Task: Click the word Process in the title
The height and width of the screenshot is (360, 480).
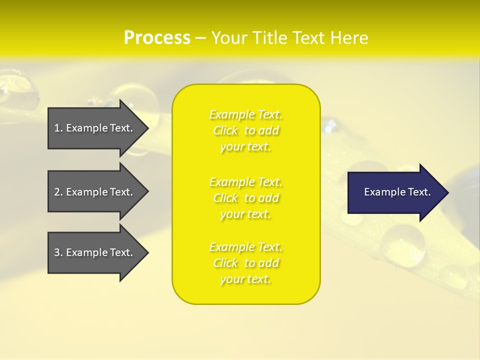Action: [x=157, y=38]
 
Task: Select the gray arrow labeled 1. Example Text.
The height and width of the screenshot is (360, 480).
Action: [x=95, y=128]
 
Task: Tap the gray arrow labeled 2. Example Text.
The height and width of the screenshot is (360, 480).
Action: [x=95, y=192]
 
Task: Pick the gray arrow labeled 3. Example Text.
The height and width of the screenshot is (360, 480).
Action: [x=95, y=252]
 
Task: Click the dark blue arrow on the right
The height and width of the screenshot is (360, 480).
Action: [x=395, y=192]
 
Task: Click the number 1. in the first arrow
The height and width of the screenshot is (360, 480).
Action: [x=58, y=128]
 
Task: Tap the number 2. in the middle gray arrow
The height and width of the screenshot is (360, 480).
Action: [x=58, y=192]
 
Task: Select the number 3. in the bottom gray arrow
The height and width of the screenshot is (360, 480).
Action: [x=58, y=252]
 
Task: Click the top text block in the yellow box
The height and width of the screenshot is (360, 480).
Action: [x=246, y=130]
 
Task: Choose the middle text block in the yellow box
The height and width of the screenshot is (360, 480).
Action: [x=246, y=198]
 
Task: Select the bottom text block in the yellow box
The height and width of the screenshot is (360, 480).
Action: [x=246, y=263]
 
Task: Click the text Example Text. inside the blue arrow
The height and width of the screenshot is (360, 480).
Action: [x=397, y=192]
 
